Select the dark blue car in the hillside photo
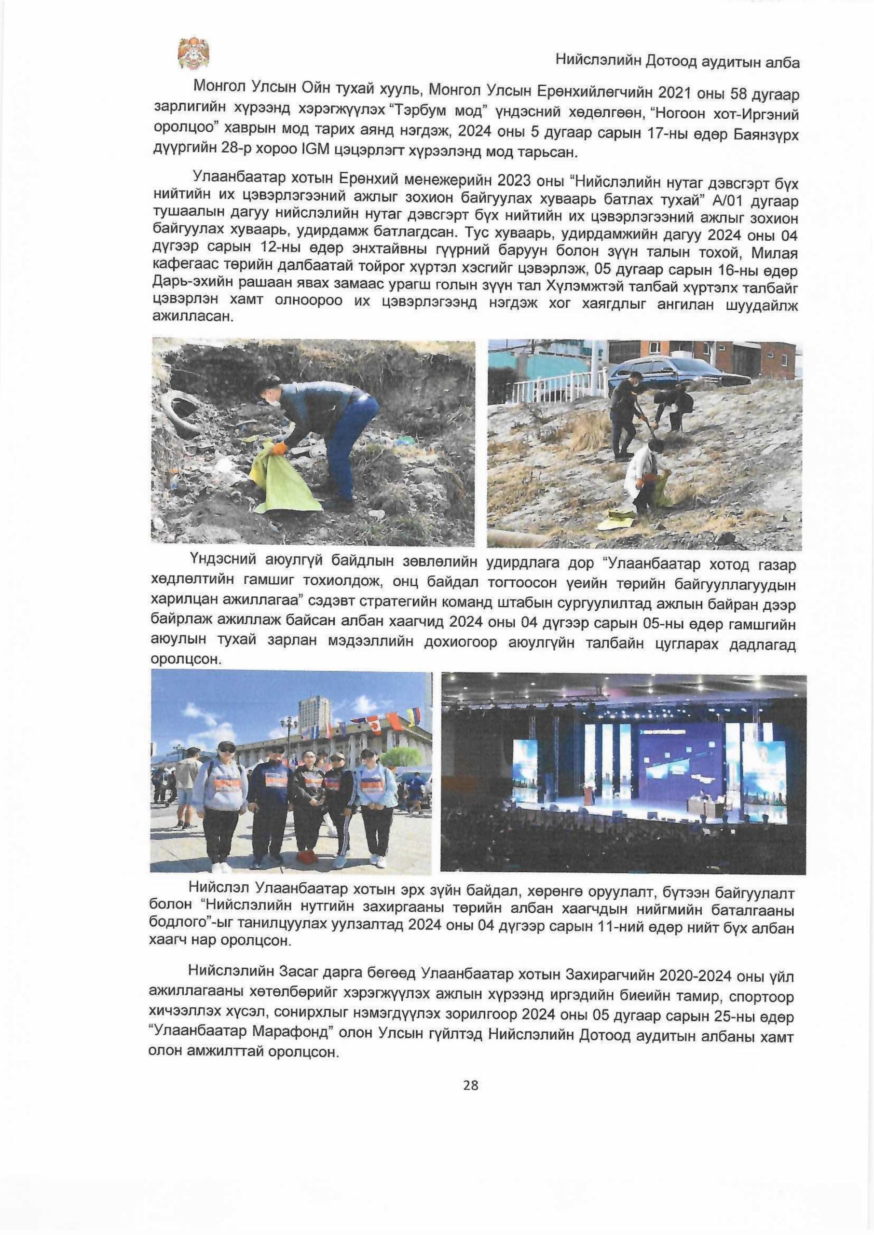[x=683, y=371]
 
